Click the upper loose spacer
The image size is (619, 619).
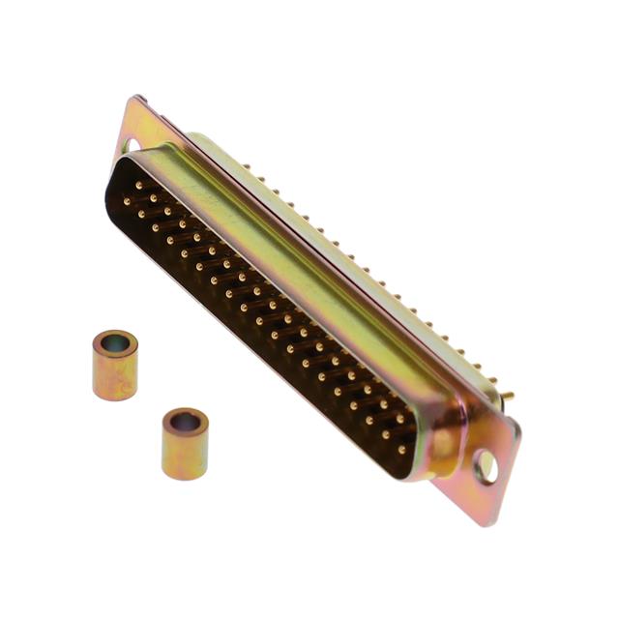coord(115,365)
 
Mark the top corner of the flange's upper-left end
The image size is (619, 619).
coord(135,97)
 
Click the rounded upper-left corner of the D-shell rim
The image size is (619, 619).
coord(116,169)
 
